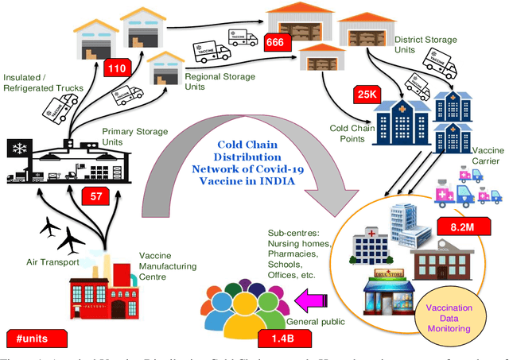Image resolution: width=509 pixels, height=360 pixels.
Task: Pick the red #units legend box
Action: click(x=33, y=338)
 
